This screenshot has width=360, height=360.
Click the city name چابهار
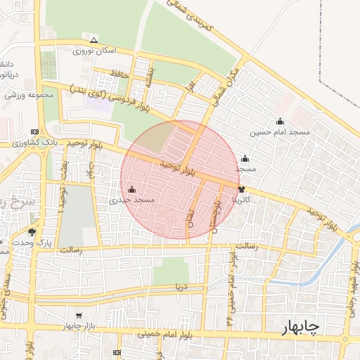(x=300, y=328)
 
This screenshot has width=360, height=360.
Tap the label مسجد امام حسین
(x=280, y=132)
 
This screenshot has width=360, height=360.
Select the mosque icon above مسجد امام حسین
(x=280, y=121)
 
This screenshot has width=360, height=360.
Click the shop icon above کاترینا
(x=242, y=189)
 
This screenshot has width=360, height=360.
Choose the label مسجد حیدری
(x=135, y=200)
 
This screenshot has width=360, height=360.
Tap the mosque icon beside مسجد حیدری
(x=132, y=188)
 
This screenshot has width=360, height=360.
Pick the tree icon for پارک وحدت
(x=32, y=231)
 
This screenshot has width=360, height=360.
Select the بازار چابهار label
(x=79, y=326)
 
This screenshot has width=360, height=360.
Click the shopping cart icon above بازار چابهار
(x=79, y=315)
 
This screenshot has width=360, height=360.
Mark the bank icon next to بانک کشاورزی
(x=35, y=131)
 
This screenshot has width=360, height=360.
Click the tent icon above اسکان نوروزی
(x=94, y=39)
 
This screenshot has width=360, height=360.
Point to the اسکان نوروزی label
(x=92, y=51)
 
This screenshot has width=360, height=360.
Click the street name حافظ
(x=117, y=72)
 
